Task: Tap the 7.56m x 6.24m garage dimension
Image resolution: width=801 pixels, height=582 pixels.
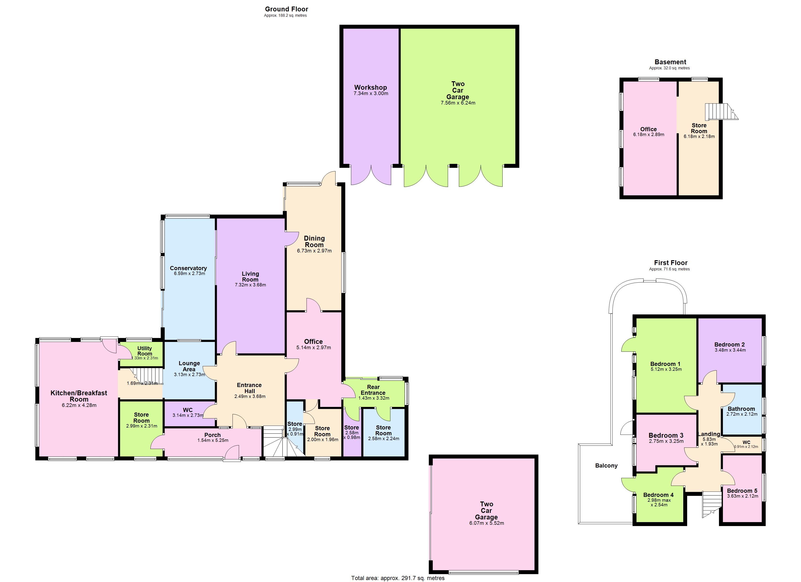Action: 458,103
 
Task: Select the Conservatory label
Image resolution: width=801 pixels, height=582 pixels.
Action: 188,268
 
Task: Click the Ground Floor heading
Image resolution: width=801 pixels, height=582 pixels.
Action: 286,9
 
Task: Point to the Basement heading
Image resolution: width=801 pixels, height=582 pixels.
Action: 670,62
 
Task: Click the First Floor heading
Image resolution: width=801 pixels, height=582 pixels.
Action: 670,263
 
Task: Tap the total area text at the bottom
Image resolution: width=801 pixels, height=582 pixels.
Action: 398,578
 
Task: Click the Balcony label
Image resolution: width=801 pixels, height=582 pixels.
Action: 606,466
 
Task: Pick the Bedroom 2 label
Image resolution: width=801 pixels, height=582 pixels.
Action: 729,344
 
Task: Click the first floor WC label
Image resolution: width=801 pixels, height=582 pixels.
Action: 746,442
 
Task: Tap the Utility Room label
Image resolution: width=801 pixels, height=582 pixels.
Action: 144,351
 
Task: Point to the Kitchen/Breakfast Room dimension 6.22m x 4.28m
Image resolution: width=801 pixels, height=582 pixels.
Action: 79,405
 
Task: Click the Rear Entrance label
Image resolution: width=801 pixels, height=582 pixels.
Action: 373,390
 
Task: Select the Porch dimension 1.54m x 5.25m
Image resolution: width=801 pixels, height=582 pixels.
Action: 213,440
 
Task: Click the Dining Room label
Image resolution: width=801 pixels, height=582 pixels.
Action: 314,242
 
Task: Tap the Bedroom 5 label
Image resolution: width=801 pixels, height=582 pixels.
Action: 742,491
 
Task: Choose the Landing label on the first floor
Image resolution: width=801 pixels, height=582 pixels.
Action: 709,434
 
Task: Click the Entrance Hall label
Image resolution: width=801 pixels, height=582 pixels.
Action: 249,388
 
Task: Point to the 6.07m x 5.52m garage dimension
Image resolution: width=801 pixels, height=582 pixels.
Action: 486,523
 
